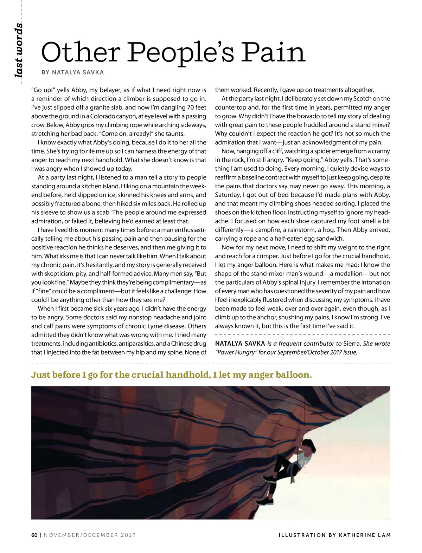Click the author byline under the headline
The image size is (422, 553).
tap(73, 72)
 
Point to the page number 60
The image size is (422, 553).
tap(34, 535)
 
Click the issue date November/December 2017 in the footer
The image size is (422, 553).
tap(90, 535)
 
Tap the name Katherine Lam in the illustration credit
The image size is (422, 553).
tap(365, 535)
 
